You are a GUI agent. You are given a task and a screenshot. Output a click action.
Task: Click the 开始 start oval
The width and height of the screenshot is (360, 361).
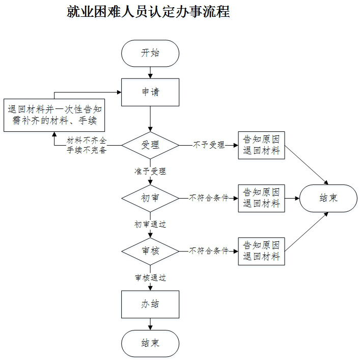tap(150, 53)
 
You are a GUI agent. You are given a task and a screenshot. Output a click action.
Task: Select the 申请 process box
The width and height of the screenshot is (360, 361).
tap(150, 92)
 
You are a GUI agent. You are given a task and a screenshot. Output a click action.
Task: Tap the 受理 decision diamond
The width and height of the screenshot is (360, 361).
tap(150, 145)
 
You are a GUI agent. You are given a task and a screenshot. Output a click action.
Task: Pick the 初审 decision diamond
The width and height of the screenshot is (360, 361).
tap(150, 198)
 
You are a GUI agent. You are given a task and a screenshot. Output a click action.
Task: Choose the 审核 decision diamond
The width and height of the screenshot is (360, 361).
tap(150, 251)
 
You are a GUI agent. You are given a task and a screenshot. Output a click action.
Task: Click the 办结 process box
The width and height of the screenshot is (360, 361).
tap(150, 304)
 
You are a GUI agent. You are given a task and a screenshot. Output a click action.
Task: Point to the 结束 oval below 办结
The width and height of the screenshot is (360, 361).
tap(150, 343)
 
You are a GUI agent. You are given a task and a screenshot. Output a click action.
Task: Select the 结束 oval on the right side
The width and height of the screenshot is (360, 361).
tap(328, 198)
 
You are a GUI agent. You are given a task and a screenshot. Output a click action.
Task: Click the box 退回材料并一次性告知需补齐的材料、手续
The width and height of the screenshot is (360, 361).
tap(54, 115)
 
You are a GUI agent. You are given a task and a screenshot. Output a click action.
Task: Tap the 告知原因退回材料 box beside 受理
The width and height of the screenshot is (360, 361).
tap(262, 145)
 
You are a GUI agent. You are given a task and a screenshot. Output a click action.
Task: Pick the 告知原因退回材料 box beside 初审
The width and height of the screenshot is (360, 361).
tap(262, 198)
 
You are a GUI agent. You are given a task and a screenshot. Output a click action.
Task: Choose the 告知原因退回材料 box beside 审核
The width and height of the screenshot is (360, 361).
tap(262, 251)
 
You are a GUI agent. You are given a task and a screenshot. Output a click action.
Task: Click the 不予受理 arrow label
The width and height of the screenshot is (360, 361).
tap(209, 145)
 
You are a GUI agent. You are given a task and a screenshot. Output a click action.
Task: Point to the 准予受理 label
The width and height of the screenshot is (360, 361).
tap(150, 171)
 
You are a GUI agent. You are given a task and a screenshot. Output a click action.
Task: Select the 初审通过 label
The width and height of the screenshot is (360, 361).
tap(150, 225)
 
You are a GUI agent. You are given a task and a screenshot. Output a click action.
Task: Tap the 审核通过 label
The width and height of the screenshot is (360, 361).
tap(150, 277)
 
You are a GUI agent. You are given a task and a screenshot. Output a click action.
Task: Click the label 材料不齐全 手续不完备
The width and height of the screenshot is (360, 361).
tap(87, 145)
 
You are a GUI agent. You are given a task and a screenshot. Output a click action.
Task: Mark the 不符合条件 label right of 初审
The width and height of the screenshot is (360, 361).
tap(209, 198)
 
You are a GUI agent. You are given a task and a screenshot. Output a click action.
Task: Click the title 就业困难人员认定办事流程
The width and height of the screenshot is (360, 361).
tap(148, 11)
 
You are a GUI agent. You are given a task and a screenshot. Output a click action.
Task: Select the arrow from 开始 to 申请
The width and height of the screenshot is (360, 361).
tap(150, 73)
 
